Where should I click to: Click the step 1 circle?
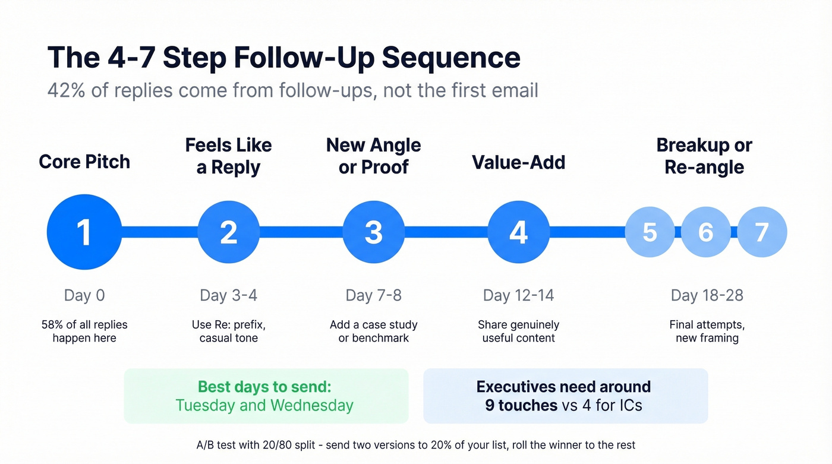[x=84, y=232]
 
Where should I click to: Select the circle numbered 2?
[x=229, y=232]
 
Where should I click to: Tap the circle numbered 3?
[x=373, y=232]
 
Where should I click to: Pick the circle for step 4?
[x=518, y=232]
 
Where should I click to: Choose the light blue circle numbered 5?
[x=650, y=232]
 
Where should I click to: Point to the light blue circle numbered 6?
[x=705, y=232]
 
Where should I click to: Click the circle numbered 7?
[x=762, y=232]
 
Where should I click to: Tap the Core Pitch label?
[x=84, y=162]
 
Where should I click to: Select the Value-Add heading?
[x=518, y=162]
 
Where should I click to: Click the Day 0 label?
[x=84, y=295]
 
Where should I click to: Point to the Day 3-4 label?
[x=229, y=295]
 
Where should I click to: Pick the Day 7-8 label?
[x=373, y=295]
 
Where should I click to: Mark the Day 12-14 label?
[x=518, y=295]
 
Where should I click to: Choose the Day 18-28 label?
[x=707, y=295]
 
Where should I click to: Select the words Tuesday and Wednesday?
[x=264, y=406]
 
